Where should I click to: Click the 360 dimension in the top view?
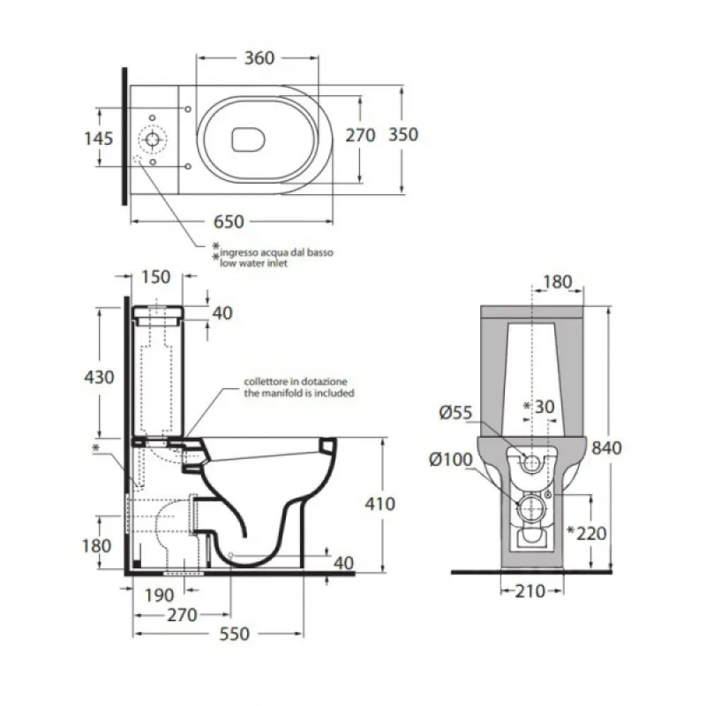[259, 58]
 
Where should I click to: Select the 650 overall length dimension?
[229, 222]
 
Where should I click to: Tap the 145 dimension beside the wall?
[99, 138]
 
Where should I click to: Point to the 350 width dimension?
[403, 135]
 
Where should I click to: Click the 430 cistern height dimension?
[99, 377]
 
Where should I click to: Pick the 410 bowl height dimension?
[380, 503]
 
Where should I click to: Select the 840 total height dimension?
[606, 448]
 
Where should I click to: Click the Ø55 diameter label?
[455, 412]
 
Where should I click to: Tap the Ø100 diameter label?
[450, 460]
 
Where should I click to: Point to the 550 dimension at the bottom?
[234, 634]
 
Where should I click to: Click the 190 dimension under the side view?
[159, 595]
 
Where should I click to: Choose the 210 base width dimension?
[530, 591]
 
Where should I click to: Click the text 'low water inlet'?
[253, 263]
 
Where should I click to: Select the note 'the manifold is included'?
[299, 393]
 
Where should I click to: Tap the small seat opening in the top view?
[248, 140]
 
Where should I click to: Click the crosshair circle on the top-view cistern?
[152, 140]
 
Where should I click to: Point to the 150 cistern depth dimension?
[156, 277]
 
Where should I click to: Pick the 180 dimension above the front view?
[558, 282]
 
